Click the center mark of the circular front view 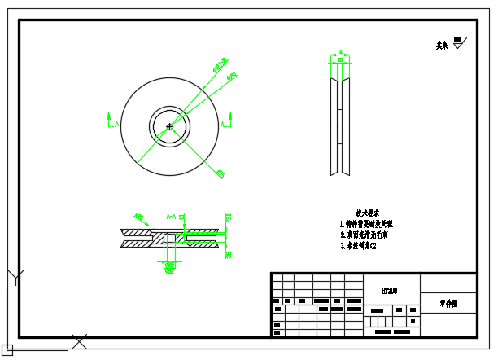click(x=169, y=126)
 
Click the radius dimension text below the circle click(x=221, y=173)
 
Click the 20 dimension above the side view click(x=339, y=60)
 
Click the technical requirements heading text click(x=368, y=211)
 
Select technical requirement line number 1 click(x=366, y=223)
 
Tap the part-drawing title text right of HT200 click(x=448, y=303)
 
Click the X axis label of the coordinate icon click(x=79, y=341)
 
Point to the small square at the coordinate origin click(x=7, y=349)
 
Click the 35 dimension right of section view click(x=229, y=254)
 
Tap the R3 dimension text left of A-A click(x=139, y=217)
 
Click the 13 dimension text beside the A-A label click(x=182, y=217)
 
